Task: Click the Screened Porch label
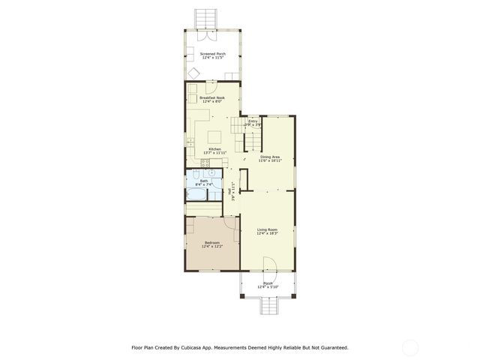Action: coord(212,54)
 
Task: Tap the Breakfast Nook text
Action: coord(212,97)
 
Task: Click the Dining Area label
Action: coord(270,157)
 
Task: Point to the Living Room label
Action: coord(268,230)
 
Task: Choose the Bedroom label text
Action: coord(212,242)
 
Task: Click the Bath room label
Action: coord(203,181)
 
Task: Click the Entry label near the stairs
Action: coord(253,121)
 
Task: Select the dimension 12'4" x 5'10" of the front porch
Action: coord(268,287)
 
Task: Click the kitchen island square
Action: coord(215,136)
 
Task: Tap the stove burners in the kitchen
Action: coord(192,98)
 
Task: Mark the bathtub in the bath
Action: coord(196,195)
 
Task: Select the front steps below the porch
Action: coord(268,305)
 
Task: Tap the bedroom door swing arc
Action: coord(192,223)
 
